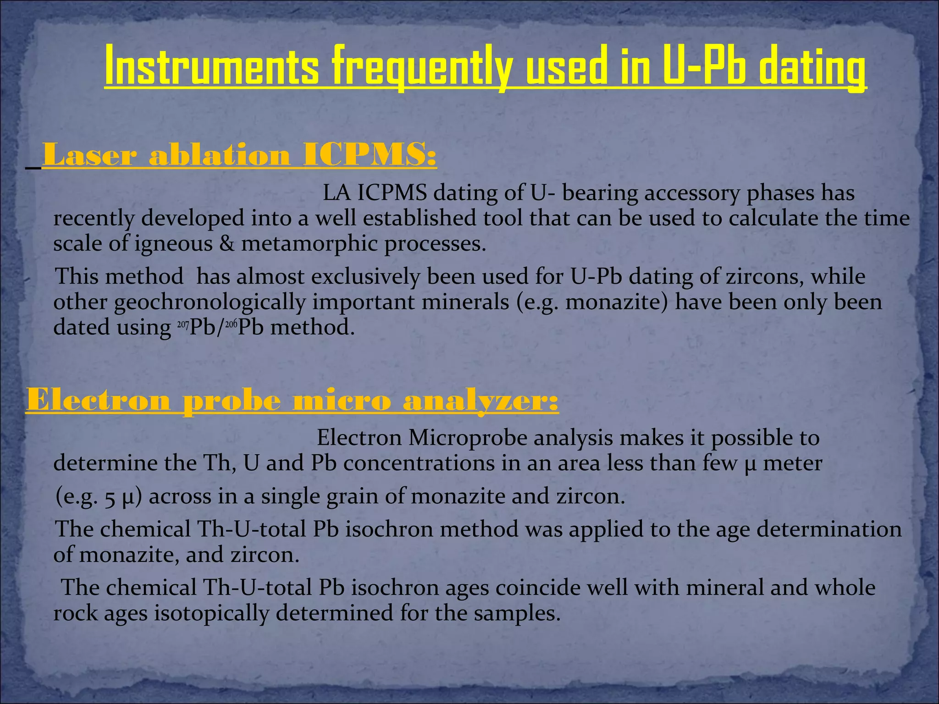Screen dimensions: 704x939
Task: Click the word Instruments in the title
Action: point(211,67)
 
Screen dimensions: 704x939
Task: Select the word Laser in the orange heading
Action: point(89,155)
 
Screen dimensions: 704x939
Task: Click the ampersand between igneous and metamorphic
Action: point(226,243)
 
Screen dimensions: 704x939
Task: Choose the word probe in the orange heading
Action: point(232,401)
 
